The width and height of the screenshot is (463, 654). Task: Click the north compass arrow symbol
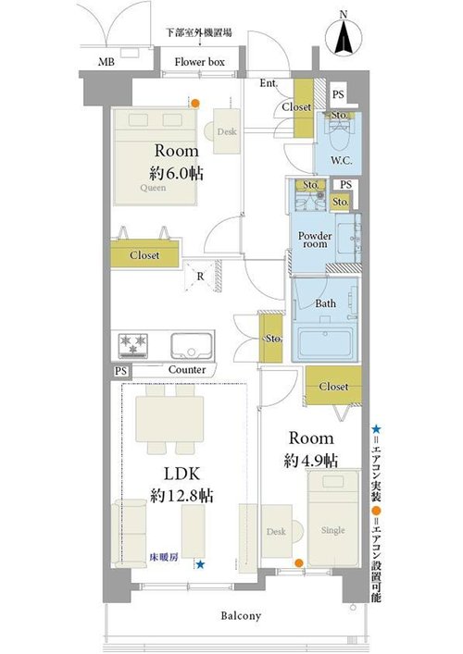pyautogui.click(x=344, y=38)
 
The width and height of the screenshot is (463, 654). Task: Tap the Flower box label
pyautogui.click(x=200, y=62)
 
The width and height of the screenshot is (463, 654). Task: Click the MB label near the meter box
pyautogui.click(x=106, y=63)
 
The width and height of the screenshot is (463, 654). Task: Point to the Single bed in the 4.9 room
pyautogui.click(x=333, y=518)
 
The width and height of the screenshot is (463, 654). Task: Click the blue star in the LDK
pyautogui.click(x=200, y=565)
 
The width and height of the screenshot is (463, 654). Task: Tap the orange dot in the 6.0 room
pyautogui.click(x=195, y=103)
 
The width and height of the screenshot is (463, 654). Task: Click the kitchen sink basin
pyautogui.click(x=192, y=346)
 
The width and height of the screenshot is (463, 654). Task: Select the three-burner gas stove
pyautogui.click(x=132, y=345)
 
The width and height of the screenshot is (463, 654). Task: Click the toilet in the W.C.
pyautogui.click(x=340, y=134)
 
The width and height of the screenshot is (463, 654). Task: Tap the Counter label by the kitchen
pyautogui.click(x=187, y=370)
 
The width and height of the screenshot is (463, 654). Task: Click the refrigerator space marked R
pyautogui.click(x=202, y=276)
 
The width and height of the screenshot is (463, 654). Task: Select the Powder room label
pyautogui.click(x=315, y=240)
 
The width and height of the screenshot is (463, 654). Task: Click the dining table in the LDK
pyautogui.click(x=169, y=419)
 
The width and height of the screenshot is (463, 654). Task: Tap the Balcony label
pyautogui.click(x=241, y=616)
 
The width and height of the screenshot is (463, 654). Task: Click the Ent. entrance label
pyautogui.click(x=269, y=83)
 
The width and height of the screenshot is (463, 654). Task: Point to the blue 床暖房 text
pyautogui.click(x=164, y=557)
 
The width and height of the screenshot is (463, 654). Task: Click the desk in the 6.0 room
pyautogui.click(x=226, y=131)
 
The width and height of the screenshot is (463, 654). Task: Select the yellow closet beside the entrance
pyautogui.click(x=304, y=108)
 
